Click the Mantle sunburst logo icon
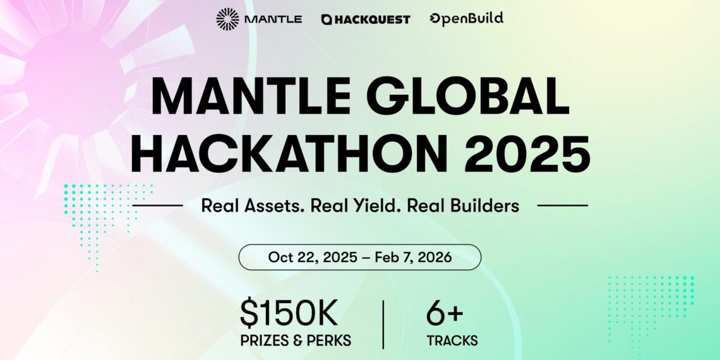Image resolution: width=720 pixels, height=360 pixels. click(227, 19)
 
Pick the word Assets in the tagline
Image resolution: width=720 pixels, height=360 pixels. click(277, 205)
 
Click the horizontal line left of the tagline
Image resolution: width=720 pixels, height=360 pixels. click(157, 205)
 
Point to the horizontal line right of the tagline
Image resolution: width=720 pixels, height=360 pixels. click(562, 205)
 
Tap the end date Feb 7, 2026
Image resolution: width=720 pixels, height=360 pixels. click(412, 257)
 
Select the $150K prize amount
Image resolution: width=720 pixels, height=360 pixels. click(289, 314)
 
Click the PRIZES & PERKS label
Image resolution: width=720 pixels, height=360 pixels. click(296, 340)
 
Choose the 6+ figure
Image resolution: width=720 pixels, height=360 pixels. click(445, 314)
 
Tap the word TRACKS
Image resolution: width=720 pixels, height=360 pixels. click(452, 340)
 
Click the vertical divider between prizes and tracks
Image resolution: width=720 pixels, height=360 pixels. click(383, 325)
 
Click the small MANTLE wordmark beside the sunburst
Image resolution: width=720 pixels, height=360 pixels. click(273, 20)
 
